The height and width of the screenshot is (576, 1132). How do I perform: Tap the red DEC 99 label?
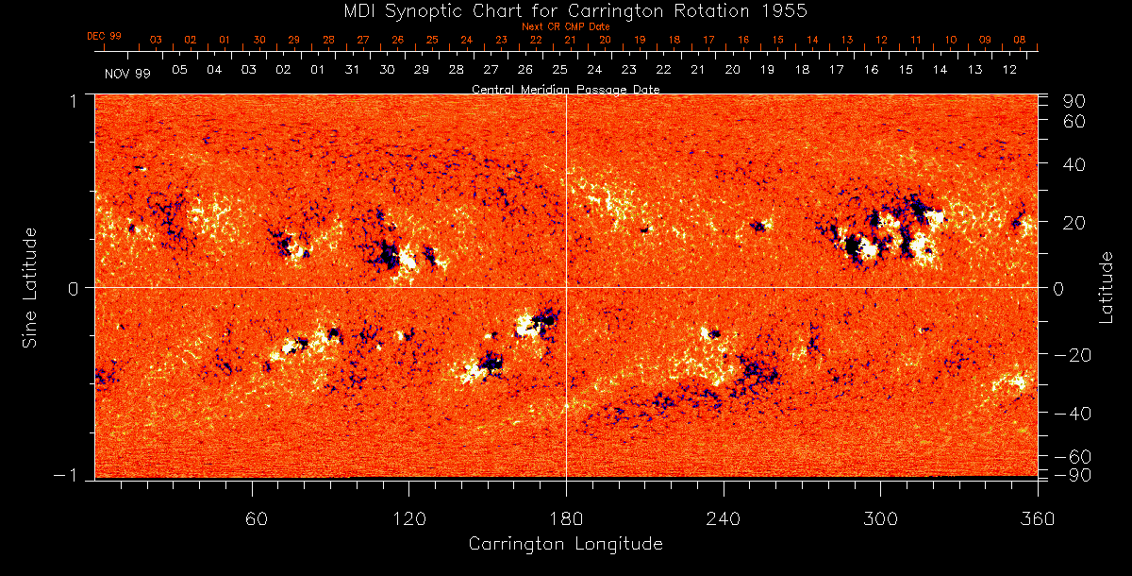(104, 36)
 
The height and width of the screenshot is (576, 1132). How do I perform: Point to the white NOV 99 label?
(125, 73)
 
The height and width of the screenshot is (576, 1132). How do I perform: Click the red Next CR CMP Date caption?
(566, 26)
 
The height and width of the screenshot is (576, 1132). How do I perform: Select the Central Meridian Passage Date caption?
(566, 89)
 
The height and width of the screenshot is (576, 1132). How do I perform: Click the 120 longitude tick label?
(409, 518)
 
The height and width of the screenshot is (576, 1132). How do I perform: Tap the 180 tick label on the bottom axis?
(566, 518)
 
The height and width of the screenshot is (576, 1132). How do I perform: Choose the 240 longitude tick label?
(724, 518)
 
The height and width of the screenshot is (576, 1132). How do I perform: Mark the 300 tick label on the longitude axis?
(880, 518)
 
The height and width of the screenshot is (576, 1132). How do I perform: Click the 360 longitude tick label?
(1037, 518)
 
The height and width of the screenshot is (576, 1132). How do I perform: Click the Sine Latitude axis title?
(31, 286)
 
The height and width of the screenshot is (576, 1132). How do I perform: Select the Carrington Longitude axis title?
(566, 545)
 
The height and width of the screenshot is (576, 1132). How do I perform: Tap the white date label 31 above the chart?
(352, 71)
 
